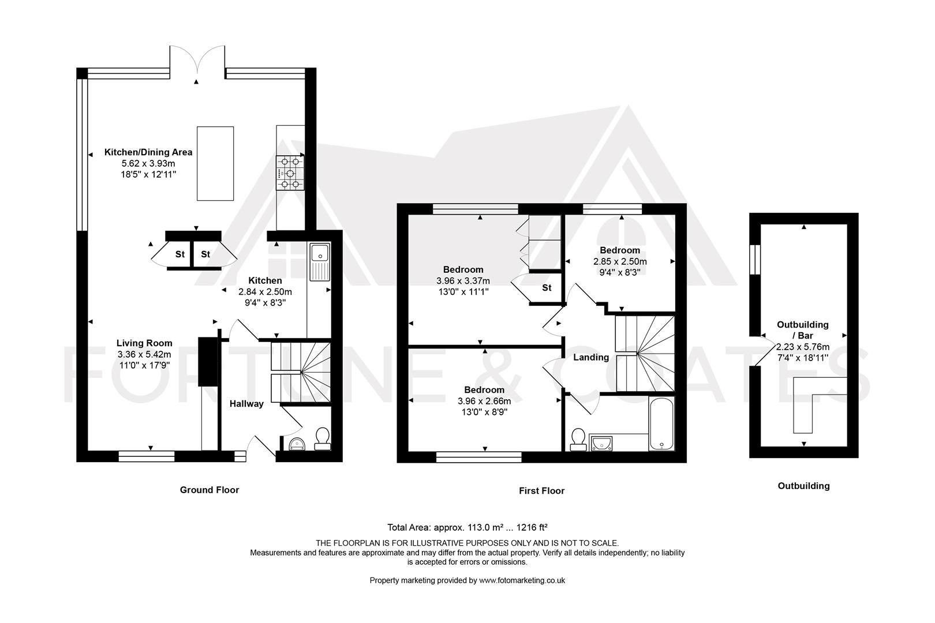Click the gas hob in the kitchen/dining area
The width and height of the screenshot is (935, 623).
point(290,173)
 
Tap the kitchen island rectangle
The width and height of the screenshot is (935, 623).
point(215,163)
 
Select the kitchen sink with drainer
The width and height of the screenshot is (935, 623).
point(319,262)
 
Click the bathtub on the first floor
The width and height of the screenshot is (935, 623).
point(661,423)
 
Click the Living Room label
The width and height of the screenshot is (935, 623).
point(144,343)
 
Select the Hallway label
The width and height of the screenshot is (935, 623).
point(246,404)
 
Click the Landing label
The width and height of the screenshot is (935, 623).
point(590,358)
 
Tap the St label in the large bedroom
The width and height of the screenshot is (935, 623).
point(547,287)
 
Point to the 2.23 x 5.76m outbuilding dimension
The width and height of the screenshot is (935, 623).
point(802,347)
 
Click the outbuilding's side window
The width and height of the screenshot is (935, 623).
point(755,261)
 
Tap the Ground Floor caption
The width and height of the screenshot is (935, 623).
point(210,490)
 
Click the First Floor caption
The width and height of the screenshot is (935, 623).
point(541,491)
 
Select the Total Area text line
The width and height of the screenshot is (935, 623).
point(467,527)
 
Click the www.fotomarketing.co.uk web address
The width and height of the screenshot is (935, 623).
point(522,580)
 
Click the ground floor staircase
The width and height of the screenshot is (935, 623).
point(301,372)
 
